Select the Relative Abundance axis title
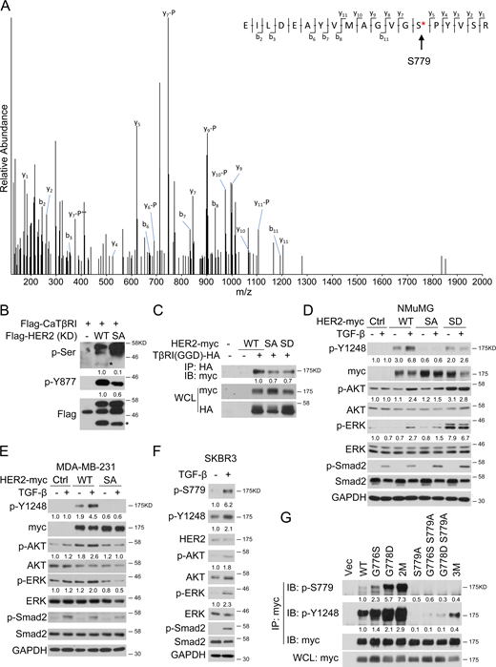[7, 143]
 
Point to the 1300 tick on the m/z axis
[305, 282]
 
